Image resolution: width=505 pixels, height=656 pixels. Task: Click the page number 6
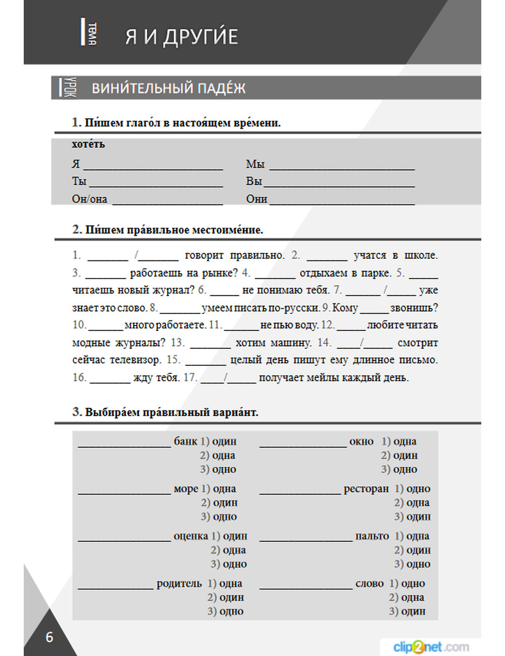(x=49, y=637)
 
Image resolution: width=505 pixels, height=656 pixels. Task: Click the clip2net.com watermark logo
(x=431, y=646)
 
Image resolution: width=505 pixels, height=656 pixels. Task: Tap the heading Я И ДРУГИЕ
(x=181, y=37)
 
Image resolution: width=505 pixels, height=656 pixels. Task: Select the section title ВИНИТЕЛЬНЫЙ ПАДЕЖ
(x=168, y=88)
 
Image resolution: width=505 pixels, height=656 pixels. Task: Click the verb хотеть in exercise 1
(x=88, y=144)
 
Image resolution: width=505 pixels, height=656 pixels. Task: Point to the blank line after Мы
(x=342, y=166)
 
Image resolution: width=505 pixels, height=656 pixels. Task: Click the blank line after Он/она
(x=167, y=201)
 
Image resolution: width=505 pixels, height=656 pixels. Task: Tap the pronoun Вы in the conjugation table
(x=254, y=181)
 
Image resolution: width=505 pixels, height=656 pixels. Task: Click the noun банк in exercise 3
(x=185, y=442)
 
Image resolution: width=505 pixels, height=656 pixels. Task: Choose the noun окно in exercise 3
(x=361, y=442)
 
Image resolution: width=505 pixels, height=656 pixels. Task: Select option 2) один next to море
(x=219, y=503)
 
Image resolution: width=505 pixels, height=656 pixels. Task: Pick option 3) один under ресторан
(x=413, y=517)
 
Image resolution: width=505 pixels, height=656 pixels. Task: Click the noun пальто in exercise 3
(x=372, y=536)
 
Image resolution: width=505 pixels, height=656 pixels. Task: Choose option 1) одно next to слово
(x=407, y=583)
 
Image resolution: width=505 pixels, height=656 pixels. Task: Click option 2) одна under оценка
(x=229, y=550)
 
